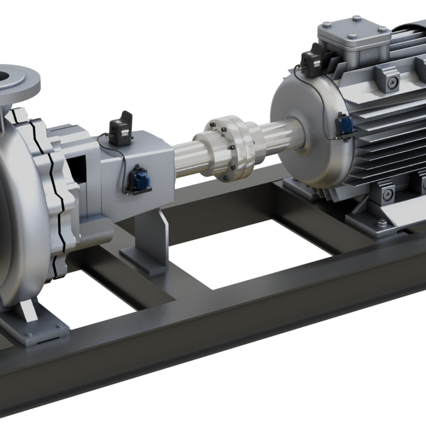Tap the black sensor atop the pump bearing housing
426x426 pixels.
[x=121, y=129]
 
